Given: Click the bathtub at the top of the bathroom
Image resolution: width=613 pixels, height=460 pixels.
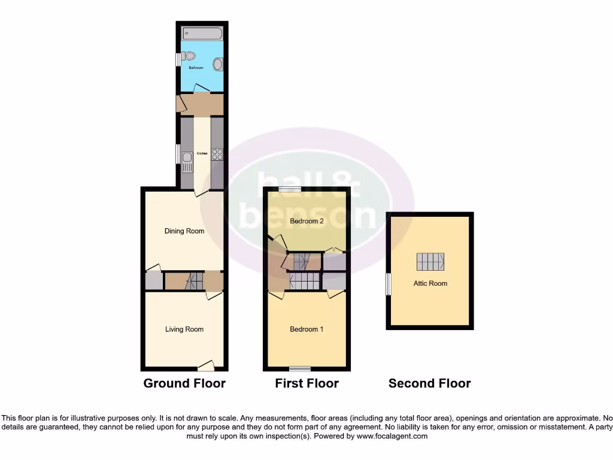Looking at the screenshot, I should (202, 34).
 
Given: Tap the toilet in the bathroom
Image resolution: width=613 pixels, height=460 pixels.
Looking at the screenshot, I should (189, 57).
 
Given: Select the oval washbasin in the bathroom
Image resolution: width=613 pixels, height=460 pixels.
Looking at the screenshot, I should (218, 64).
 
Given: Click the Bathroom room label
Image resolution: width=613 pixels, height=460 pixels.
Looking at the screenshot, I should (196, 68).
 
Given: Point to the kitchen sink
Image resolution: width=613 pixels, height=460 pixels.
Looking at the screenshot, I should (187, 160).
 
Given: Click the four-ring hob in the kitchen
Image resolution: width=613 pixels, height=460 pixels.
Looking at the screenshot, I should (217, 154).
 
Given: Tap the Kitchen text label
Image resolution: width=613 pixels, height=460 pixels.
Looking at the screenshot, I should (202, 154).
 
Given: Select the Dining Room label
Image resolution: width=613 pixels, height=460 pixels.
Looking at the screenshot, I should (184, 231).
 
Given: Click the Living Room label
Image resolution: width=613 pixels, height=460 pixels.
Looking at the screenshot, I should (184, 329).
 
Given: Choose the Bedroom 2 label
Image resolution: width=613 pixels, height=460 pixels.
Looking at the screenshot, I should (306, 222).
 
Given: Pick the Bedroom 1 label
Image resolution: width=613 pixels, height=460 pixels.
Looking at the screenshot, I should (306, 329).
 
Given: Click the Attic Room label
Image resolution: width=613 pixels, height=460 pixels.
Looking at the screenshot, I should (430, 283).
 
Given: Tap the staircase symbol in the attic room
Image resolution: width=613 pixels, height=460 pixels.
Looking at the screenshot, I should (430, 262).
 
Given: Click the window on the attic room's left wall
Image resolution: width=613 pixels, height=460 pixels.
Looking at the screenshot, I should (388, 284).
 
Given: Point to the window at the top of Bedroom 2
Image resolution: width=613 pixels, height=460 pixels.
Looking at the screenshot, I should (289, 189).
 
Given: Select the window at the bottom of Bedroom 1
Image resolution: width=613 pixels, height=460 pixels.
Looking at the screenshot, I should (300, 368).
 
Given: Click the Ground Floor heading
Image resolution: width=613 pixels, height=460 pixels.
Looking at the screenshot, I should (184, 384).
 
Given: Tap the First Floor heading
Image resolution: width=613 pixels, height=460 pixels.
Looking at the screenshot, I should (306, 384).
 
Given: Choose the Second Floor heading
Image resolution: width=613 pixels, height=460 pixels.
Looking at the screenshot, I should (430, 384).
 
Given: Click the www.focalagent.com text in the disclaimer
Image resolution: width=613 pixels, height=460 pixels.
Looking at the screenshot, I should (393, 437).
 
